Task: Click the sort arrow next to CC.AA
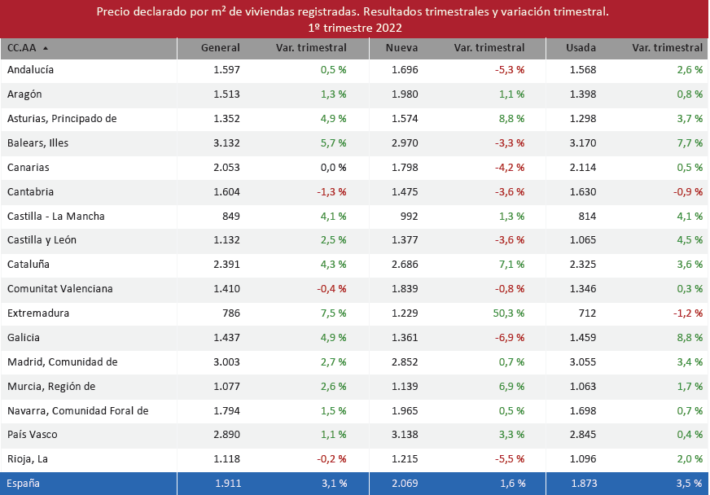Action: tap(45, 48)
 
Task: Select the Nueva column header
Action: tap(401, 48)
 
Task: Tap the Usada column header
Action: tap(581, 48)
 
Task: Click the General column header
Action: tap(220, 48)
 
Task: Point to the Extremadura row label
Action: tap(38, 313)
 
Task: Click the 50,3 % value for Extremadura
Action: tap(509, 313)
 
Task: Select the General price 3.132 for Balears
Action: tap(226, 143)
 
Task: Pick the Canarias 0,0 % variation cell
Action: tap(332, 168)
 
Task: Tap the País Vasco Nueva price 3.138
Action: tap(404, 435)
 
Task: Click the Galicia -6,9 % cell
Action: tap(509, 338)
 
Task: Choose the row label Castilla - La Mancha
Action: tap(55, 217)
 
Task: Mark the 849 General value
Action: tap(230, 217)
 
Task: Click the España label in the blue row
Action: tap(23, 484)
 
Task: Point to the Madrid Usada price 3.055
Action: tap(582, 362)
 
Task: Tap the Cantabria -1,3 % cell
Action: tap(331, 192)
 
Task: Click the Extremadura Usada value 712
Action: tap(586, 313)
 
